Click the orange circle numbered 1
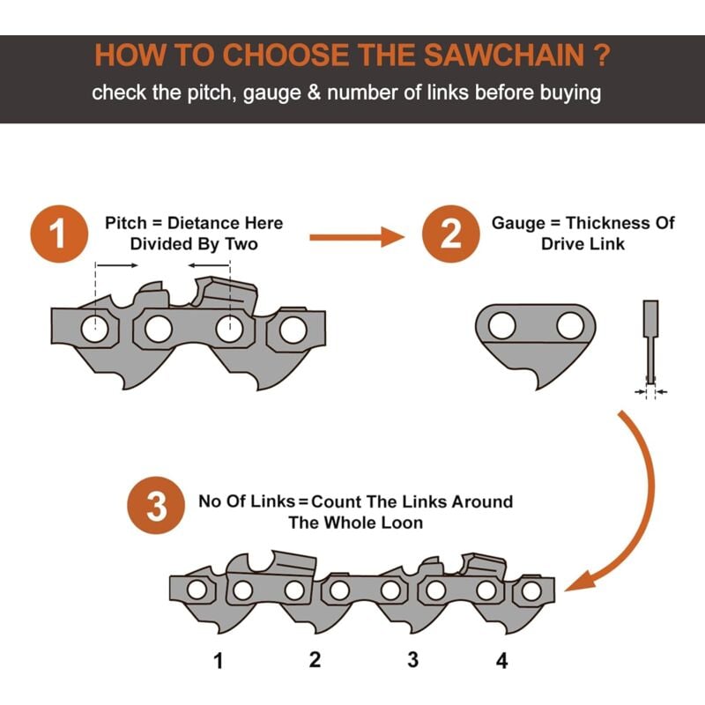(59, 234)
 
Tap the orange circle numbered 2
(450, 234)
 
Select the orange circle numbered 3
(156, 505)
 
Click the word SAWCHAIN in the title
(504, 55)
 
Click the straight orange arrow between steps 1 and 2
(357, 237)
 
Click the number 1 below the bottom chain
(218, 661)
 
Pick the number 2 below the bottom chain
(315, 659)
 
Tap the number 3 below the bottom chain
(412, 659)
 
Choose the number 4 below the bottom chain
(501, 661)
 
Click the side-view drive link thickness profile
(650, 342)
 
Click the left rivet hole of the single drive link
(501, 325)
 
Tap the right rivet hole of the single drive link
(569, 325)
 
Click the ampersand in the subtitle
(314, 93)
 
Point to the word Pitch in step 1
(125, 223)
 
